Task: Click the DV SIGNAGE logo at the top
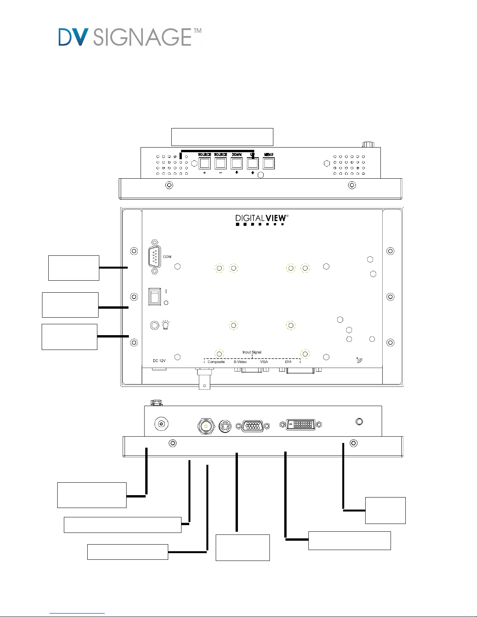(130, 37)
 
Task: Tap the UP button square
(253, 163)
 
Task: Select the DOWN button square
(236, 163)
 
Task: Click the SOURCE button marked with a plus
(205, 163)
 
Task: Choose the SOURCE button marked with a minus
(221, 163)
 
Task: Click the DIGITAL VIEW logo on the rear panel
(262, 220)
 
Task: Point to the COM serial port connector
(155, 257)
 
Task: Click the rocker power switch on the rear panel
(155, 297)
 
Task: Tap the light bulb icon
(165, 325)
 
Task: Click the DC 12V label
(159, 360)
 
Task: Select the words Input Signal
(252, 352)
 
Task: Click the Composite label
(216, 362)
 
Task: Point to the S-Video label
(240, 362)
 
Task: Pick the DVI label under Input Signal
(288, 362)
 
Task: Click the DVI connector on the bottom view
(301, 424)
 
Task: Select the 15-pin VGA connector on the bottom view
(253, 425)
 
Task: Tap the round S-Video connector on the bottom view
(225, 426)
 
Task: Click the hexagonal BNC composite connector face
(206, 426)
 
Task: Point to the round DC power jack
(161, 424)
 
